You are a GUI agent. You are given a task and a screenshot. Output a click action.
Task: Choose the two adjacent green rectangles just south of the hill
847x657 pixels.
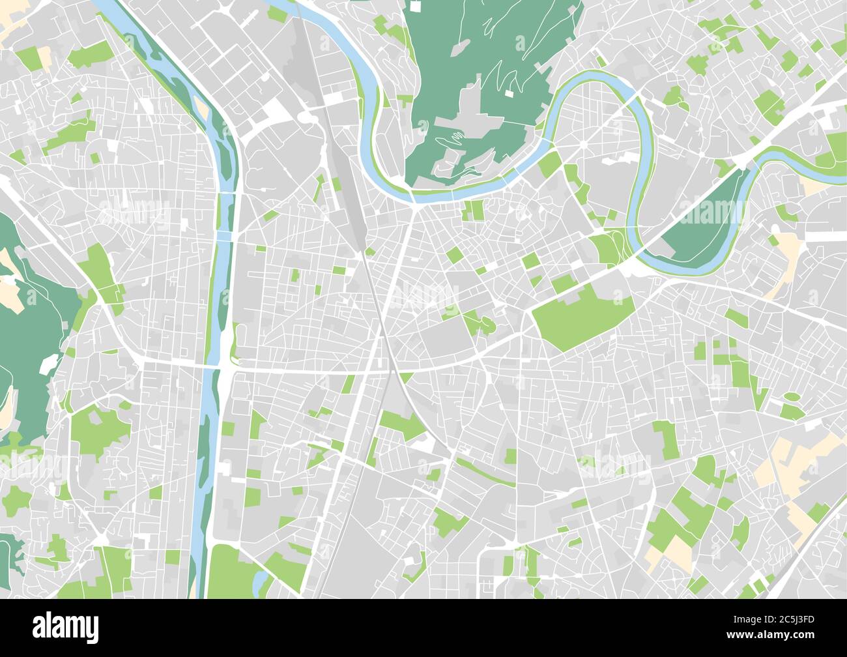point(474,210)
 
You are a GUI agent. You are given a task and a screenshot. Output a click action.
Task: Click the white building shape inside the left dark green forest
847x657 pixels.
point(49,364)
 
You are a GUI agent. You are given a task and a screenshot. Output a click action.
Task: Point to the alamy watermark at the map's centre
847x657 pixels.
point(423,299)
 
